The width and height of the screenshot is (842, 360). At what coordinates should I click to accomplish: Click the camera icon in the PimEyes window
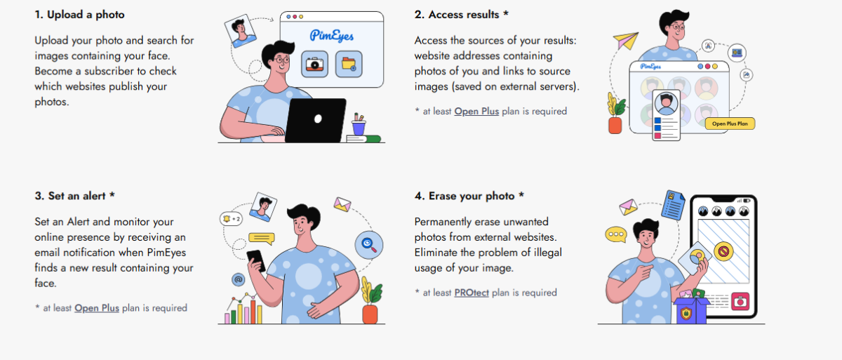pos(315,64)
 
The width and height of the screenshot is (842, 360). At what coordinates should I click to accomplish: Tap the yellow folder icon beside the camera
pos(349,64)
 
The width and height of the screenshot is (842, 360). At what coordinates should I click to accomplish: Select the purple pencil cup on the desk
pos(359,128)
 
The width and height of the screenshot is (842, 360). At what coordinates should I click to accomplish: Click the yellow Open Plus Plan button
pos(729,124)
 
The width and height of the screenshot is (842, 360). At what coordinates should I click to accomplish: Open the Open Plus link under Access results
pos(476,111)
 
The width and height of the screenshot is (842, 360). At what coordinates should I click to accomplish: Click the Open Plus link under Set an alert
pos(97,307)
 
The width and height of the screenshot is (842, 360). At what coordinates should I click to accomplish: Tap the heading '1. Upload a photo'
pos(80,14)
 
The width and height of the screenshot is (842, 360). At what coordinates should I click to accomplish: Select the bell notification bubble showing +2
pos(231,219)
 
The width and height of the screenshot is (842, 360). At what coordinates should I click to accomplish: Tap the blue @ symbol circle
pos(239,279)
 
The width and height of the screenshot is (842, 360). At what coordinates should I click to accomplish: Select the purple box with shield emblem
pos(691,309)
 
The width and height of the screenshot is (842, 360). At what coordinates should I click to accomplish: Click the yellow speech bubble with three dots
pos(616,234)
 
